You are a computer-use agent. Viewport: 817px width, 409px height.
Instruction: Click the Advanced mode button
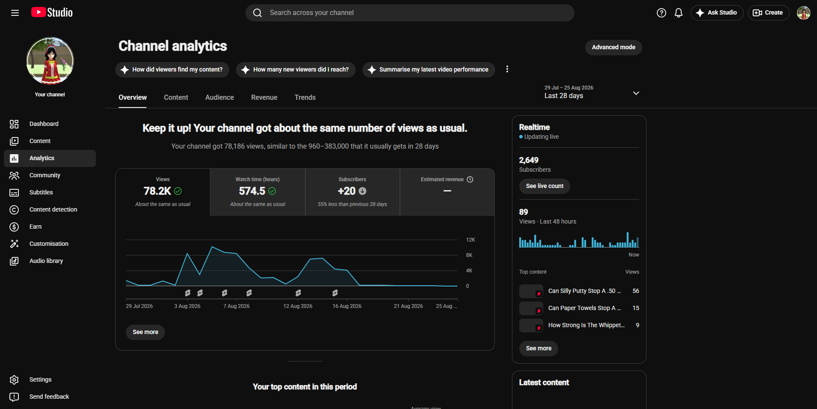tap(613, 47)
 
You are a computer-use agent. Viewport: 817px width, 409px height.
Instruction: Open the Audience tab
tap(219, 98)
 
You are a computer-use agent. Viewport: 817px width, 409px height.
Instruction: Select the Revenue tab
tap(264, 98)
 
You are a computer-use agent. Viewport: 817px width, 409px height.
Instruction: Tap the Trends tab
tap(305, 98)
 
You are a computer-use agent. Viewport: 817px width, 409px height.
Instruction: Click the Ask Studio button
tap(717, 13)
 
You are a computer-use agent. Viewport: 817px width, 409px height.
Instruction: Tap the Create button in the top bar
tap(769, 13)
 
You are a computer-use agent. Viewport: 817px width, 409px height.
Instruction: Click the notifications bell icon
tap(679, 13)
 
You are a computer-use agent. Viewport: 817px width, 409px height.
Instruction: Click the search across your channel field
tap(410, 13)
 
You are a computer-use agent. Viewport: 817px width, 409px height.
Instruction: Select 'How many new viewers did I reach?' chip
tap(296, 69)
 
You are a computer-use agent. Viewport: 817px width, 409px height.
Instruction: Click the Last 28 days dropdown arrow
tap(636, 93)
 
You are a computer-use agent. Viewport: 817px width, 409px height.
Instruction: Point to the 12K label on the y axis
tap(470, 240)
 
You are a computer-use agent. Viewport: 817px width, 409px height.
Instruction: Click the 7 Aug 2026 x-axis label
tap(236, 306)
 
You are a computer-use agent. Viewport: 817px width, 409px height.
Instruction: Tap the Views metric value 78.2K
tap(157, 191)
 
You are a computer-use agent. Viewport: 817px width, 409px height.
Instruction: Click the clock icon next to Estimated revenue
tap(470, 179)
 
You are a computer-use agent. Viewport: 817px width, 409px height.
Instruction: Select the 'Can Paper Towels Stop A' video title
tap(584, 308)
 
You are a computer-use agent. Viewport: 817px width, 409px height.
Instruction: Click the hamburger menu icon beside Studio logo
tap(15, 13)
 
